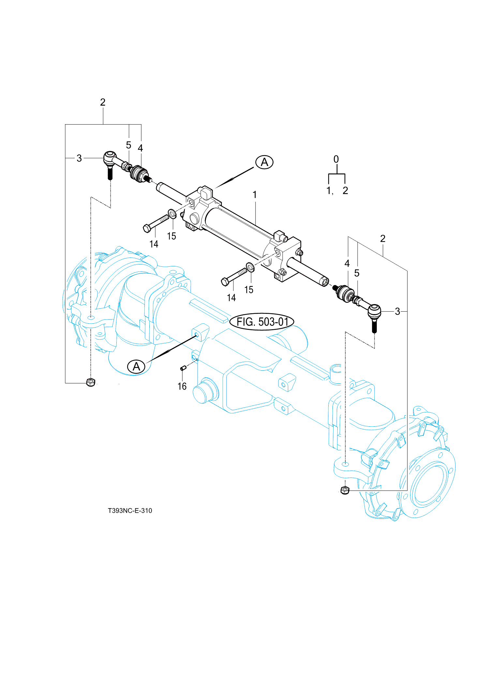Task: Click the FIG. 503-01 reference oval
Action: pyautogui.click(x=262, y=322)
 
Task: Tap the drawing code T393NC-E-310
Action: pyautogui.click(x=130, y=510)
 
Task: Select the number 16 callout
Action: pyautogui.click(x=182, y=386)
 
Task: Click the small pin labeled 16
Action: pyautogui.click(x=183, y=368)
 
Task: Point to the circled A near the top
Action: pyautogui.click(x=264, y=162)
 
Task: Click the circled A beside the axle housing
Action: pyautogui.click(x=136, y=366)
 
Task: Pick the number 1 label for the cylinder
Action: pyautogui.click(x=255, y=195)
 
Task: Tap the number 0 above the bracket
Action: pyautogui.click(x=336, y=159)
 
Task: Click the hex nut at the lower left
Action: pyautogui.click(x=91, y=382)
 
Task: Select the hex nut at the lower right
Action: pyautogui.click(x=345, y=490)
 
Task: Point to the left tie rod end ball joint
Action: pyautogui.click(x=110, y=158)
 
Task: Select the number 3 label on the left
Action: pyautogui.click(x=79, y=158)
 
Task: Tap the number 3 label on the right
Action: pyautogui.click(x=397, y=312)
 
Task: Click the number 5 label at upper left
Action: pyautogui.click(x=129, y=145)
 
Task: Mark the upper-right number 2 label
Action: pyautogui.click(x=383, y=239)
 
